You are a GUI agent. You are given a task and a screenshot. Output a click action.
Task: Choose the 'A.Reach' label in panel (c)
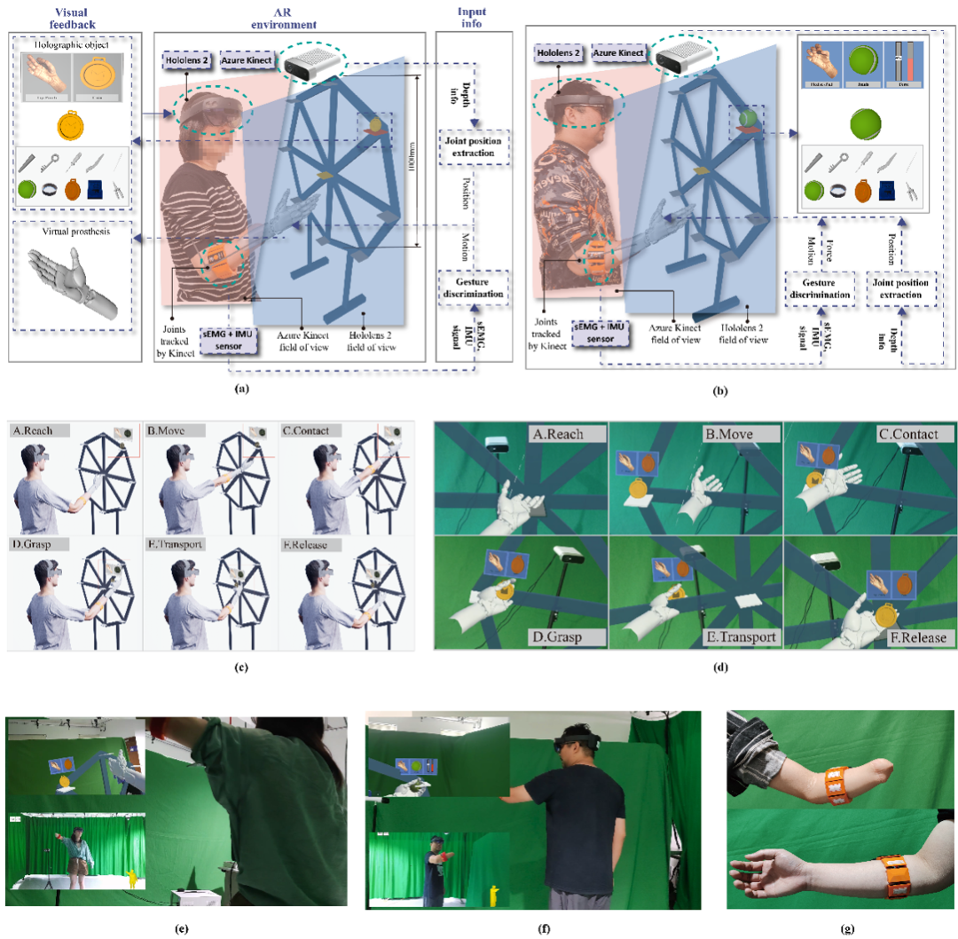(x=38, y=430)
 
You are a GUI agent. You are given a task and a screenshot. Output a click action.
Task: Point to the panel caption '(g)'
(x=847, y=929)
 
